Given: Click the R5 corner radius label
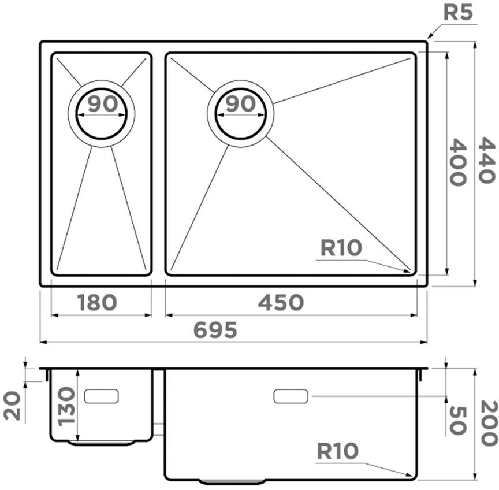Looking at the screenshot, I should [x=457, y=13].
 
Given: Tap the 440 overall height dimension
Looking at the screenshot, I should [x=487, y=161].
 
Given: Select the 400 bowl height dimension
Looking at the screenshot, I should [x=457, y=162].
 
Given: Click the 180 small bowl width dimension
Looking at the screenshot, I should [x=96, y=302].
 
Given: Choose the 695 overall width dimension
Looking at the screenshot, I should [x=215, y=330].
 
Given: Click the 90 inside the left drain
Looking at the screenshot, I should [x=102, y=104].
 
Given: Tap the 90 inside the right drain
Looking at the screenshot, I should [x=240, y=104].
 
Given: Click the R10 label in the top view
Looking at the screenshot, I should [x=341, y=248].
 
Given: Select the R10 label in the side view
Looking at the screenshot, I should [x=337, y=451].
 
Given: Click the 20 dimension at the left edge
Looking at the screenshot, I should [x=13, y=404].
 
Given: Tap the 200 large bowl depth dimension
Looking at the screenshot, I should [x=488, y=423].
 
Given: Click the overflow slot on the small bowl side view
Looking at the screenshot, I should [x=102, y=396].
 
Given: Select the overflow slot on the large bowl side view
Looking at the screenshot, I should [x=291, y=396].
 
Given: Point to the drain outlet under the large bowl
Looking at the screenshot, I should [x=232, y=481].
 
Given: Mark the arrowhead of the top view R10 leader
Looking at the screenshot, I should [x=409, y=270].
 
